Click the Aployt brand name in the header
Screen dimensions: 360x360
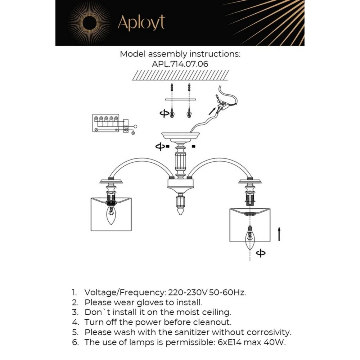tap(141, 23)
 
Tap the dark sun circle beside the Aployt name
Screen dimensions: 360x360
tap(90, 23)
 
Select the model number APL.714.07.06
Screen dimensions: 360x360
tap(180, 64)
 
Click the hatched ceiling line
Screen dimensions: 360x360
tap(180, 75)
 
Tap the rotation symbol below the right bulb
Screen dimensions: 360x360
tap(261, 253)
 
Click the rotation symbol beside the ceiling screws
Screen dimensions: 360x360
tap(164, 114)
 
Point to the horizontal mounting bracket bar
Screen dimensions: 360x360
tap(180, 99)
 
